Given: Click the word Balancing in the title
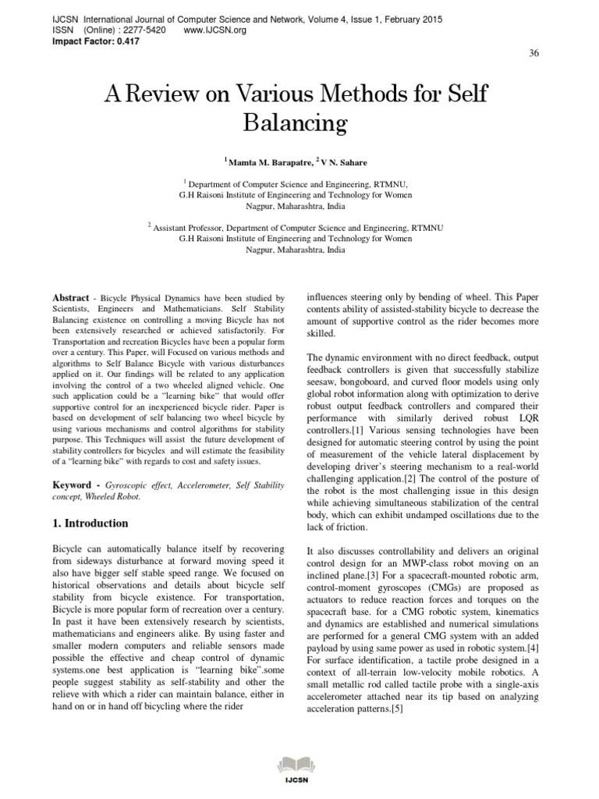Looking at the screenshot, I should (x=296, y=123).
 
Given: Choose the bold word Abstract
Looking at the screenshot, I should (x=69, y=298).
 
